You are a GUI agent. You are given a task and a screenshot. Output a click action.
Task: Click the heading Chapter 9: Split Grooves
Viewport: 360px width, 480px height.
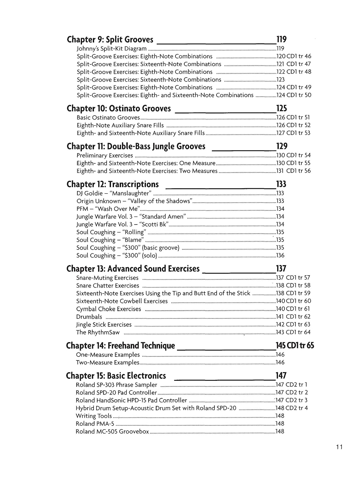point(110,40)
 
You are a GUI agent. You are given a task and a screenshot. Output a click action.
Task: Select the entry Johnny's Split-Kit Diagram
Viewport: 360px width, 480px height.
point(111,49)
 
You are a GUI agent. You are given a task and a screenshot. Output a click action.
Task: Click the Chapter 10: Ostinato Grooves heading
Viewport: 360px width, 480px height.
point(119,109)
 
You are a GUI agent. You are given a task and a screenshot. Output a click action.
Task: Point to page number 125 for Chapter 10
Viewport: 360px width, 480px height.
point(282,108)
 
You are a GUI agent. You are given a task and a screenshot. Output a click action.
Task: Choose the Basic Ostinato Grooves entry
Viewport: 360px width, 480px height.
point(108,117)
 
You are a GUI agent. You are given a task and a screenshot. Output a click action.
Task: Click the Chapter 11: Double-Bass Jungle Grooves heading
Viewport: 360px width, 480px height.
point(136,147)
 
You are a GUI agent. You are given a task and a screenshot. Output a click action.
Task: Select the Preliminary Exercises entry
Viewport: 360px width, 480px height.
point(105,156)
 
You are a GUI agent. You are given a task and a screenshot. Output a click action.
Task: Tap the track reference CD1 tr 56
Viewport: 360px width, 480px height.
point(298,171)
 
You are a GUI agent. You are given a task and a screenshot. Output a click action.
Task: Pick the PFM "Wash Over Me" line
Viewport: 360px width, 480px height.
point(108,209)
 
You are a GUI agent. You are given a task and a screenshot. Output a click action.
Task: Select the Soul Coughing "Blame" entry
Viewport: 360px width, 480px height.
point(110,240)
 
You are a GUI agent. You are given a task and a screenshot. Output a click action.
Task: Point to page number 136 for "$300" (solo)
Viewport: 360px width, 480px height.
point(280,255)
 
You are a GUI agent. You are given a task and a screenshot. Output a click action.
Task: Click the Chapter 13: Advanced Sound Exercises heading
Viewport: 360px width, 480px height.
point(133,269)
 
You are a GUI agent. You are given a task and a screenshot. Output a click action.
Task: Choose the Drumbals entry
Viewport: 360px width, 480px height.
point(89,317)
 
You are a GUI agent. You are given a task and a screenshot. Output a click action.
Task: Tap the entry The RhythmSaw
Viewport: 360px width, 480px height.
point(98,332)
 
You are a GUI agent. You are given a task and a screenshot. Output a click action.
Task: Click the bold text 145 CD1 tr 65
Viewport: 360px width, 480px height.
point(294,346)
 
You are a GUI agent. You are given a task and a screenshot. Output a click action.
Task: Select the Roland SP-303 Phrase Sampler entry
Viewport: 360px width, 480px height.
point(116,385)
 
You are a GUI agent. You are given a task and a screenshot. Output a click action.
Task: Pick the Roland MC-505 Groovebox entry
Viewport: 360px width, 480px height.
point(112,432)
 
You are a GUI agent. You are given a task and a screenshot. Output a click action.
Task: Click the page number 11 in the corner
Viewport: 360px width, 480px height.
point(340,447)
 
